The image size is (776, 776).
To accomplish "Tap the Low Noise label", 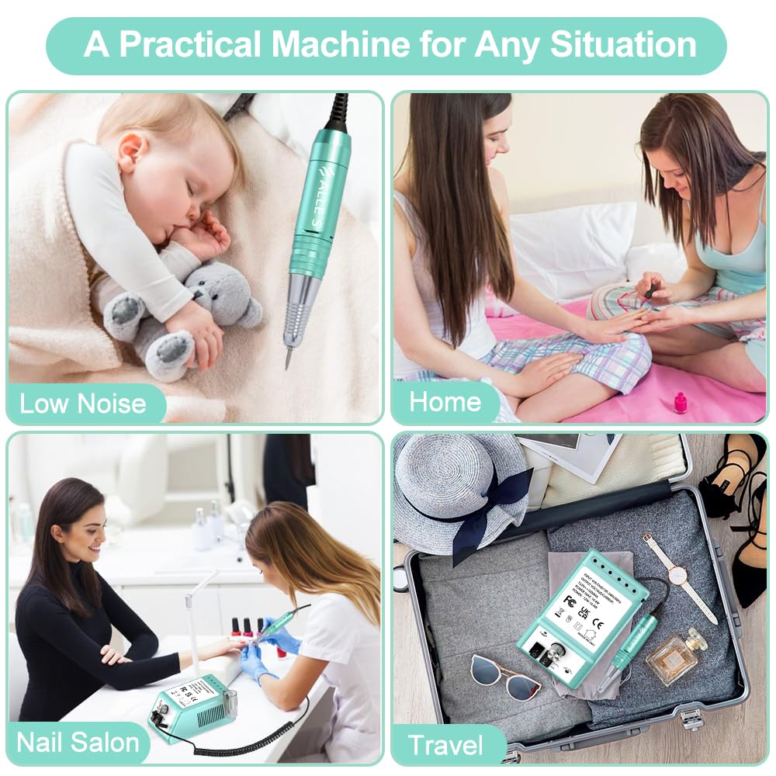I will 83,404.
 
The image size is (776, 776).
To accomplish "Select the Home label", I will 445,402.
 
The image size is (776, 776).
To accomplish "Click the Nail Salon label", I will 78,742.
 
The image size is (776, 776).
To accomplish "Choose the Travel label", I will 445,746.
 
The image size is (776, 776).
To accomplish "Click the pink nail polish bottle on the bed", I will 681,403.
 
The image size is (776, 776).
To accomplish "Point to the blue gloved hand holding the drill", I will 281,635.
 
